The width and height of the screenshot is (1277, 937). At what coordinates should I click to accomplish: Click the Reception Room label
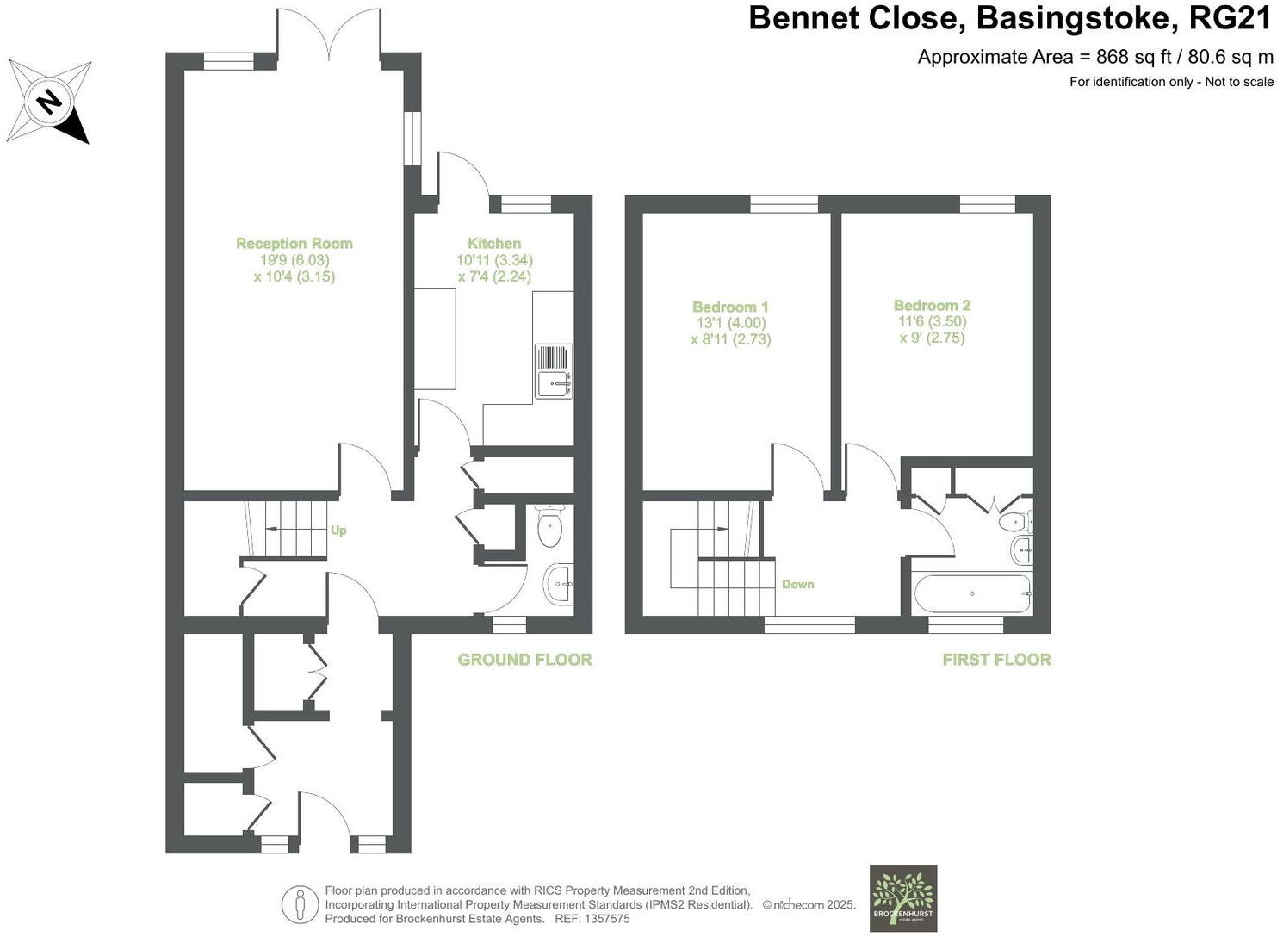click(294, 244)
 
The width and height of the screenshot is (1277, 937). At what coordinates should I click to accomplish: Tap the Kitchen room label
click(494, 244)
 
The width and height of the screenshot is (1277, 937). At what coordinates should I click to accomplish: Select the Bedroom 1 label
click(730, 307)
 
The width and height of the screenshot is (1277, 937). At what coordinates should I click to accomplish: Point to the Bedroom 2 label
click(932, 306)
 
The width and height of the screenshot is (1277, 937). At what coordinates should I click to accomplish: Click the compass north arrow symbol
click(49, 102)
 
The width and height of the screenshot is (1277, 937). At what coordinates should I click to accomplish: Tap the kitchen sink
click(554, 371)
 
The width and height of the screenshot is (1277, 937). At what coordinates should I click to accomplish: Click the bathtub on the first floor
click(972, 593)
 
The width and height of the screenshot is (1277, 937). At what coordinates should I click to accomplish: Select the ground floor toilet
click(549, 526)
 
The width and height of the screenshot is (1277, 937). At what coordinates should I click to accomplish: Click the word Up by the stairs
click(338, 531)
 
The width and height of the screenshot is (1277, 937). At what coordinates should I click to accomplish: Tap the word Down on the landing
click(797, 584)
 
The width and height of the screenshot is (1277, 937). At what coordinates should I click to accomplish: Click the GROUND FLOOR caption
click(524, 660)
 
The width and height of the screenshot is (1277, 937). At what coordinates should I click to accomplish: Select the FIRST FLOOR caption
click(996, 660)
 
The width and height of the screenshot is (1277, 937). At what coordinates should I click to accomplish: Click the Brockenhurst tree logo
click(902, 897)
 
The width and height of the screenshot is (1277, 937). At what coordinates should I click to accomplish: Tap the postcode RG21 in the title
click(1229, 18)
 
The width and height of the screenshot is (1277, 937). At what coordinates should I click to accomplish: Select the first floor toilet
click(1016, 522)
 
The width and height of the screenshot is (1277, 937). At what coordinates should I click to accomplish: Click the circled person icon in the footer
click(300, 904)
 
